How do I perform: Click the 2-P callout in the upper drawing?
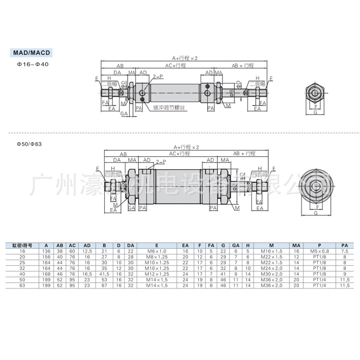click(156, 77)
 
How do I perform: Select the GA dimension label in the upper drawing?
click(124, 114)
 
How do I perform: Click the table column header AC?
click(72, 245)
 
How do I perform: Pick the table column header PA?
click(344, 245)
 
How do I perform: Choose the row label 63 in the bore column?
click(22, 285)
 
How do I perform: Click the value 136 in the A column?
click(46, 251)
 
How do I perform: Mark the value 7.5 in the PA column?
click(344, 251)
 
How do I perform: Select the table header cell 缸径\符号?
click(22, 245)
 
